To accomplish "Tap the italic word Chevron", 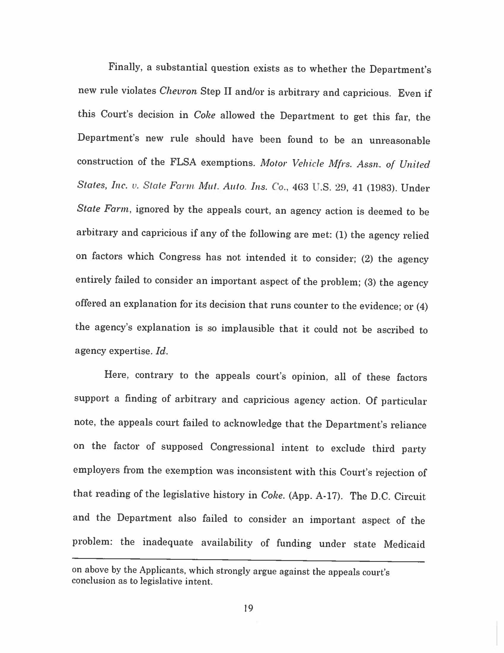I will (178, 91).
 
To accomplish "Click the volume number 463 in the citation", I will (301, 188).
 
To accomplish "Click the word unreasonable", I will (400, 140).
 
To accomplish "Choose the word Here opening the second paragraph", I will (117, 375).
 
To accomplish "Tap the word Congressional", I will (242, 447).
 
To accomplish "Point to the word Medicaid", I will (404, 544).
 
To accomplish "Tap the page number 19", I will (248, 608).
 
